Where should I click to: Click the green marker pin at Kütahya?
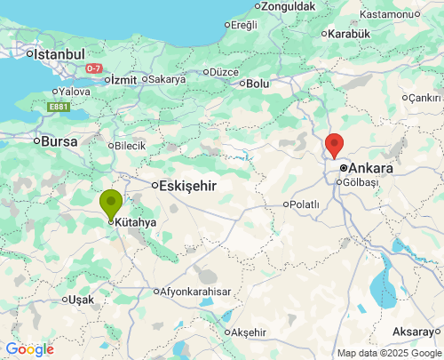[x=111, y=204]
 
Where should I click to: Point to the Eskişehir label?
[x=187, y=186]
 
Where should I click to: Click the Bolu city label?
[x=258, y=84]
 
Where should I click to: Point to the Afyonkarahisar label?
[x=195, y=292]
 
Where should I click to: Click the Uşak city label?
[x=80, y=300]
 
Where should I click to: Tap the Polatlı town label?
[x=305, y=204]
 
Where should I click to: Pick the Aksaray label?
[x=414, y=331]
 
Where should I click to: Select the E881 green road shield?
[x=58, y=108]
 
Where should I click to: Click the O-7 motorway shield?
[x=94, y=68]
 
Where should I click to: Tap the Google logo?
[x=29, y=349]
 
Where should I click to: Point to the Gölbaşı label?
[x=361, y=181]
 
